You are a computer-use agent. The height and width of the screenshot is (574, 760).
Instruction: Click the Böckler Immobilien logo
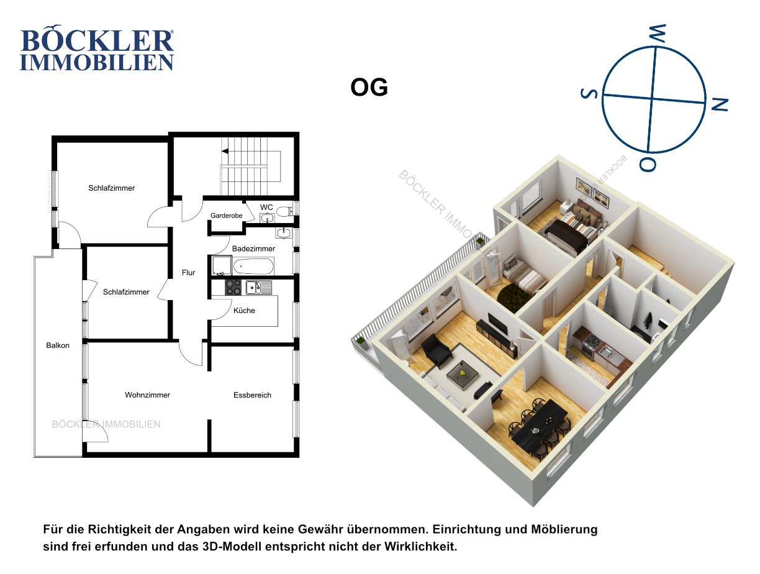click(x=97, y=48)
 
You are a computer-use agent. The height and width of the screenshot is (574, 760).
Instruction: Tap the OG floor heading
click(x=369, y=88)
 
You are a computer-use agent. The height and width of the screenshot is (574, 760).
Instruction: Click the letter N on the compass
click(x=720, y=104)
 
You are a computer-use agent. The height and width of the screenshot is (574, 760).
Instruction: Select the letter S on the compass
click(x=589, y=93)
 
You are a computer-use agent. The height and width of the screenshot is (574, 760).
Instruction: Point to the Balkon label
click(x=58, y=345)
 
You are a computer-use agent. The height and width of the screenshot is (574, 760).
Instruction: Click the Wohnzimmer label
click(x=148, y=395)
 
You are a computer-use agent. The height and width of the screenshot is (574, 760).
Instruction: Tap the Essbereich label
click(x=252, y=395)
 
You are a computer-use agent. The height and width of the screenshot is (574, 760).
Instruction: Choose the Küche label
click(x=244, y=311)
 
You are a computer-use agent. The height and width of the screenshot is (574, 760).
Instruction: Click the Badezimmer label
click(x=253, y=248)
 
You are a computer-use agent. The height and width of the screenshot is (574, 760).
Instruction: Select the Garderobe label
click(x=227, y=216)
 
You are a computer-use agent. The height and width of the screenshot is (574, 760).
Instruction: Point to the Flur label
click(x=188, y=273)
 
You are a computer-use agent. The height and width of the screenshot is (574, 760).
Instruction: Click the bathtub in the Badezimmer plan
click(x=253, y=266)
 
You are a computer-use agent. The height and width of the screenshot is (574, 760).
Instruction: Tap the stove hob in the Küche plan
click(x=233, y=287)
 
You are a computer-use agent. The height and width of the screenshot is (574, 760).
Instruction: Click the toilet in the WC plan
click(x=284, y=211)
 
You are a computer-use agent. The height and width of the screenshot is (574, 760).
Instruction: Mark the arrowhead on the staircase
click(x=225, y=152)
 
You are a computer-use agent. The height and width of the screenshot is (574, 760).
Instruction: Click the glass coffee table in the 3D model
click(x=463, y=374)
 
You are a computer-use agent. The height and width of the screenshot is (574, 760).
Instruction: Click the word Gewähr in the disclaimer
click(x=319, y=529)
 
